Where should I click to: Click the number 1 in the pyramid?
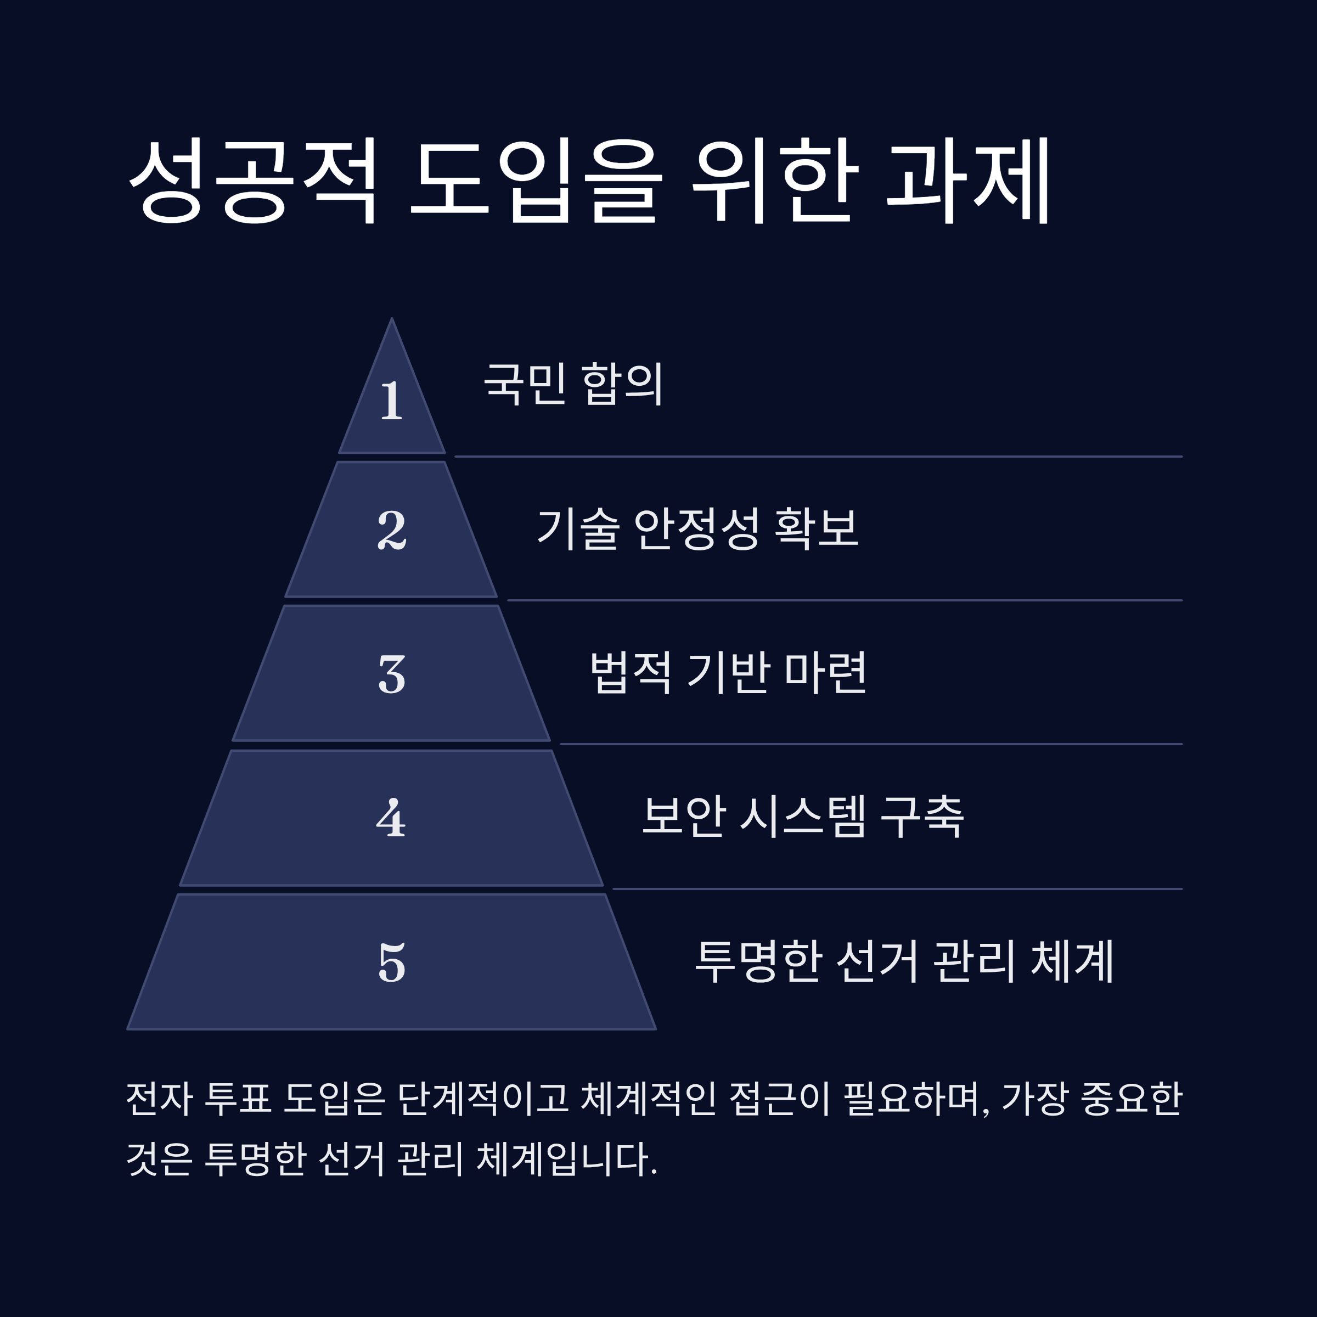(x=391, y=401)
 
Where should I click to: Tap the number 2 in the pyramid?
(x=392, y=530)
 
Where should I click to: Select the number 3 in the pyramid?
(x=392, y=675)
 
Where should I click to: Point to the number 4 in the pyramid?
(x=391, y=818)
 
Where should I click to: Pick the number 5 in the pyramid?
(x=392, y=963)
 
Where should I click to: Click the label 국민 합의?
(x=572, y=384)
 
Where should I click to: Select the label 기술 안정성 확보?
(x=697, y=528)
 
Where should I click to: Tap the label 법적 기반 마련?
(x=728, y=672)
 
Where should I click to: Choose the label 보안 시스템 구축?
(x=803, y=816)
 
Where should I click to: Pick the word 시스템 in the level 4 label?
(x=803, y=816)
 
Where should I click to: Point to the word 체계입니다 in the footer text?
(x=566, y=1158)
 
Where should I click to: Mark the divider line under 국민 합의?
(x=818, y=457)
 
